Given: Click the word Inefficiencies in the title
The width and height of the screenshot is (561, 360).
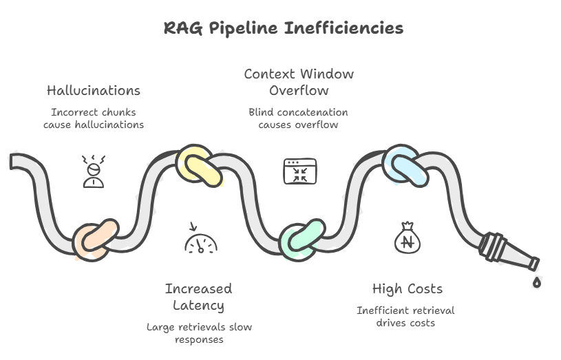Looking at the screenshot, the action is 343,28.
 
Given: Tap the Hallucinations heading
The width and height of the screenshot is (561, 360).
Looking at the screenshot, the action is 94,91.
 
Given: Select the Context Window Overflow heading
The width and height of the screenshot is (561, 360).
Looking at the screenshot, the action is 299,83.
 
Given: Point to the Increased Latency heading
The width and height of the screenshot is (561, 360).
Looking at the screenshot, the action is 198,297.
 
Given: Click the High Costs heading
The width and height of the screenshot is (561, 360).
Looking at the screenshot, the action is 407,289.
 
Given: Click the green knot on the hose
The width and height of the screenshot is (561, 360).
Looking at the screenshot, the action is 302,240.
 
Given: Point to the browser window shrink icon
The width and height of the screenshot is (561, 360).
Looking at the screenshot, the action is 300,171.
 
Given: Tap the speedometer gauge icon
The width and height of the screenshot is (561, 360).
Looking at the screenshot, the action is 201,238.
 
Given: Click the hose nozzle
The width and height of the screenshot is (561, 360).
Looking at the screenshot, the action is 509,251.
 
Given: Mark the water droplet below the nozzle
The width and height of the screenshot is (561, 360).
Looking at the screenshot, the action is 537,282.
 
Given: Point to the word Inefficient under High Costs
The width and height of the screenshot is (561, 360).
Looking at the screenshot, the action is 382,310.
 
